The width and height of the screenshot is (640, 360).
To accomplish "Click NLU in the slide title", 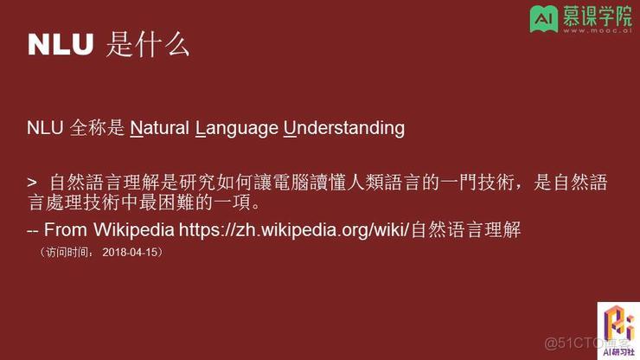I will tap(60, 45).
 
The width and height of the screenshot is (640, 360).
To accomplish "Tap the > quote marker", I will tap(32, 182).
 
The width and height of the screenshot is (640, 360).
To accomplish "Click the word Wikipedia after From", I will tap(131, 230).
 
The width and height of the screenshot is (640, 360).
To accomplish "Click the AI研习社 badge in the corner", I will tap(618, 331).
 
